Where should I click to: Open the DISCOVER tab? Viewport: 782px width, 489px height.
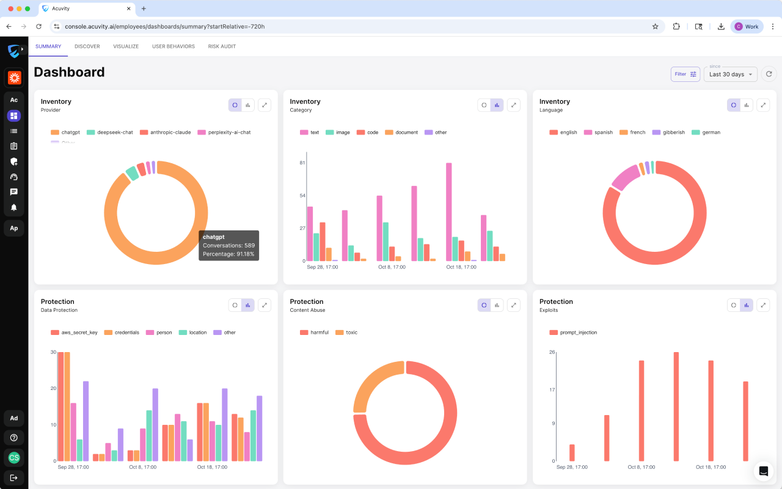tap(87, 46)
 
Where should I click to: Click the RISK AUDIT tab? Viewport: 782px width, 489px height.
tap(222, 46)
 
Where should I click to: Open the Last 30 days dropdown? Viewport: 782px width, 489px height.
tap(730, 75)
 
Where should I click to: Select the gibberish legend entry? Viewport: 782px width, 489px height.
tap(668, 133)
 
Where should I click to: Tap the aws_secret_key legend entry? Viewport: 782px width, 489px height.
tap(74, 333)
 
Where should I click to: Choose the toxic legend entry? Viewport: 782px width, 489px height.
tap(346, 333)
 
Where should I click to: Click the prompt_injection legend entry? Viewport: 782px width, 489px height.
tap(573, 333)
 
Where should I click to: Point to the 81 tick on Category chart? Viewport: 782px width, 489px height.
tap(302, 163)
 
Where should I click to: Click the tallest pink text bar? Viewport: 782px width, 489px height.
tap(449, 211)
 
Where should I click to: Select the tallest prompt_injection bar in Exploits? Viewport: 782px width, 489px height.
tap(676, 406)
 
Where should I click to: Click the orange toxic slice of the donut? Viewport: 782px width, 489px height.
tap(373, 381)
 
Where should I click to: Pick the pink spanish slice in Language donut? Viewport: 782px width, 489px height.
tap(625, 177)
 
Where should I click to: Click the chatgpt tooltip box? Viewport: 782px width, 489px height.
tap(229, 246)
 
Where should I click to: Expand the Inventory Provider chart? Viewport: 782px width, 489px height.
tap(265, 105)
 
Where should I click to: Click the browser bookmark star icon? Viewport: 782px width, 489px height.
tap(656, 26)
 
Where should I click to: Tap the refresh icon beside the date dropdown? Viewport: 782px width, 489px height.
tap(769, 74)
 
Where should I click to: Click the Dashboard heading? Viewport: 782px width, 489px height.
tap(69, 72)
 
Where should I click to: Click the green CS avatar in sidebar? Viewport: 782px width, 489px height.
tap(14, 458)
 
